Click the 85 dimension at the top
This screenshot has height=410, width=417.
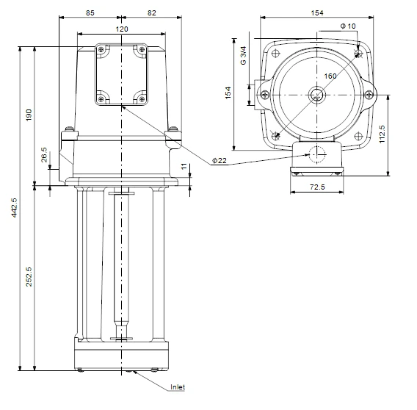point(90,12)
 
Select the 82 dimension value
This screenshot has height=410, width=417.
point(151,12)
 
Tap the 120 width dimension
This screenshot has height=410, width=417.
point(122,29)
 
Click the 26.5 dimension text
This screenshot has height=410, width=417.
point(45,157)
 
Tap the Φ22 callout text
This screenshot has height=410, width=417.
point(218,160)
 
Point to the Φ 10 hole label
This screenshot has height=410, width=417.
point(349,26)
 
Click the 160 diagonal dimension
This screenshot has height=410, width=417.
point(330,76)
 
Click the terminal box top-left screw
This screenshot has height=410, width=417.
point(101,50)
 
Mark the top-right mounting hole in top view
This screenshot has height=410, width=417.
point(358,54)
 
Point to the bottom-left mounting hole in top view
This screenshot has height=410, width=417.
point(275,134)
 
